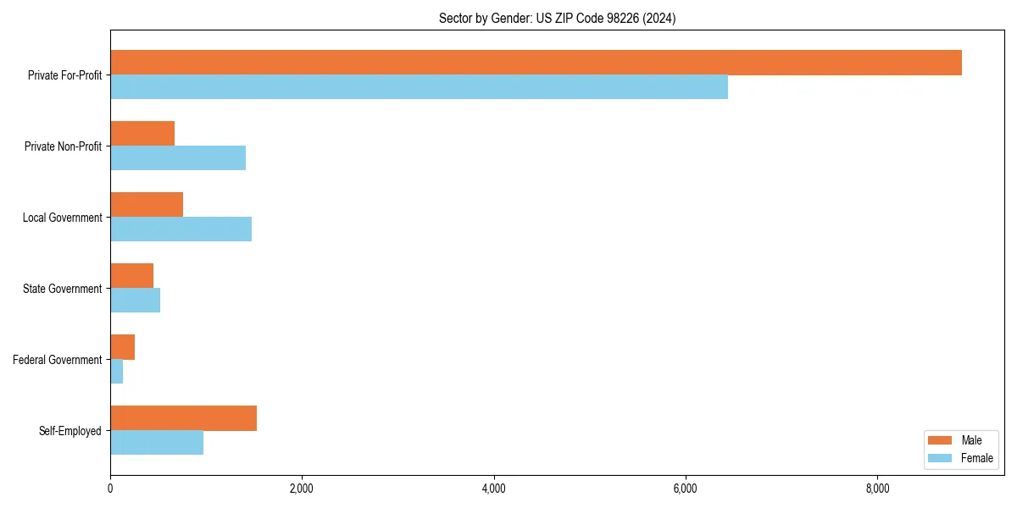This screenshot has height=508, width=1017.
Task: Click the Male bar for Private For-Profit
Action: [x=536, y=63]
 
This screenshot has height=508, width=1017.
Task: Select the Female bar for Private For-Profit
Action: [x=419, y=87]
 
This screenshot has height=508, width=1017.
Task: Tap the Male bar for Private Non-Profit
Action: [x=142, y=134]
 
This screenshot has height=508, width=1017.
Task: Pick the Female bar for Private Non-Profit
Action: [x=178, y=158]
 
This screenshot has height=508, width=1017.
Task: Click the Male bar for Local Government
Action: [x=147, y=205]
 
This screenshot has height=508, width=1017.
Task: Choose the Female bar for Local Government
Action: [x=181, y=229]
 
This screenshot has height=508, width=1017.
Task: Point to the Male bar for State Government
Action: [x=131, y=276]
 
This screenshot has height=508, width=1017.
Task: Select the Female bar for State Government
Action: [x=135, y=301]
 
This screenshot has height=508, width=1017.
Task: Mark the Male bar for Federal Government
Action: [x=122, y=347]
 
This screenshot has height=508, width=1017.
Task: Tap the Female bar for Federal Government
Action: [x=116, y=372]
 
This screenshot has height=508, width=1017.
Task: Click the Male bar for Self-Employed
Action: [x=183, y=418]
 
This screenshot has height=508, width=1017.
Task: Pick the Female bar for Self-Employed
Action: [x=157, y=443]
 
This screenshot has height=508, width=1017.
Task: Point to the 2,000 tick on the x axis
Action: [x=302, y=489]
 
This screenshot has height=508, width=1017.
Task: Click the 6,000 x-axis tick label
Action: [x=685, y=489]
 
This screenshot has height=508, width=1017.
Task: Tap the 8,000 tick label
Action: [x=877, y=489]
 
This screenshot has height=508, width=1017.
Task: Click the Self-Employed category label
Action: [x=70, y=431]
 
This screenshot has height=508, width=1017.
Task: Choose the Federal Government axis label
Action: [x=58, y=360]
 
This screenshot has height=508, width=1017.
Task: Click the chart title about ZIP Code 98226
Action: [x=557, y=18]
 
